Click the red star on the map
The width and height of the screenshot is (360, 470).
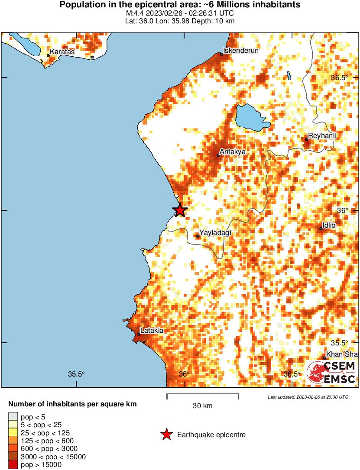coord(180,210)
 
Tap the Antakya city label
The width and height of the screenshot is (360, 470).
coord(233,152)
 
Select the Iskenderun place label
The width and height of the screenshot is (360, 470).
coord(240,51)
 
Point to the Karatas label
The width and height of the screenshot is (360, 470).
coord(62,52)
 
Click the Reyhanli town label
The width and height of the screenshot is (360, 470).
coord(322,136)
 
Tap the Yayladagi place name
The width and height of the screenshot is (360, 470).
coord(215,233)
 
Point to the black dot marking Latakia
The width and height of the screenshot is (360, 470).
coord(139,334)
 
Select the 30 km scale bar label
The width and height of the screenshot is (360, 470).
coord(203,406)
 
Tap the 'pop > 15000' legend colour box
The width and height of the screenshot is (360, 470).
coord(13,465)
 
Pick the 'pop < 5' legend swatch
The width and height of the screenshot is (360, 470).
coord(13,416)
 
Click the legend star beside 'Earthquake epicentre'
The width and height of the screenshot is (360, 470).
coord(166,435)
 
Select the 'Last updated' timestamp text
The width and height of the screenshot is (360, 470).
coord(308,397)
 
